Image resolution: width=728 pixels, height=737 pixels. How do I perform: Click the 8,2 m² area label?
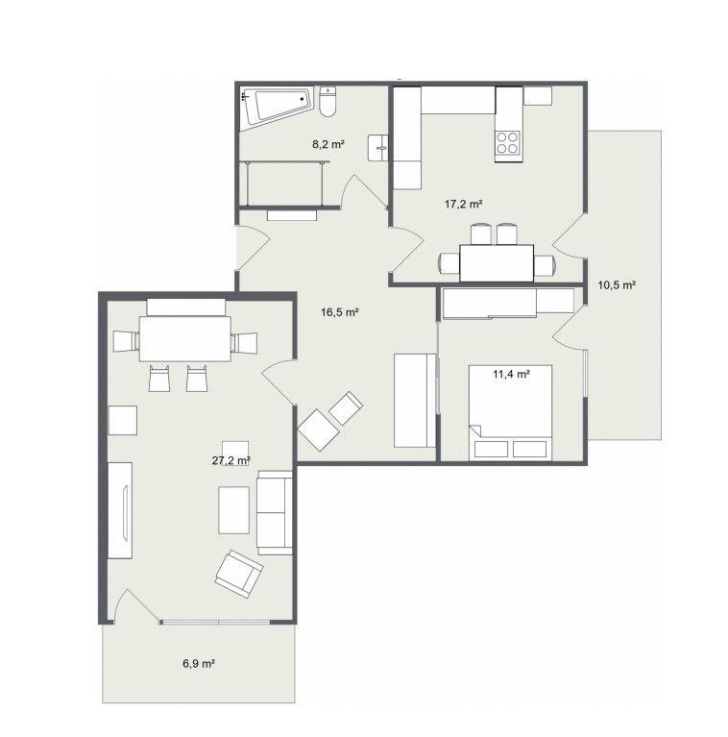[x=328, y=144]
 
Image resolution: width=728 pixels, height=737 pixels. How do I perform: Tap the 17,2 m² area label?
[x=464, y=204]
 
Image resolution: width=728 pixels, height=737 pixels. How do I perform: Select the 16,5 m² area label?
[x=340, y=312]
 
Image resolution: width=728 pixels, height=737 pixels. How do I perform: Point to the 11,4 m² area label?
[x=512, y=374]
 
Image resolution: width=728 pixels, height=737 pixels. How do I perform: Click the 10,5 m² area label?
[x=617, y=284]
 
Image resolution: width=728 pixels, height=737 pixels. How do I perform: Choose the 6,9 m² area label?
[x=199, y=664]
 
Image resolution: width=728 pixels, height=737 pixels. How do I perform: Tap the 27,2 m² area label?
[x=231, y=460]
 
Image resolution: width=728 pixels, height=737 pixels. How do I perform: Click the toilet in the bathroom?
[x=328, y=101]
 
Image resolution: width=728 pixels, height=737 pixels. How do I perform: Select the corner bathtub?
[x=278, y=107]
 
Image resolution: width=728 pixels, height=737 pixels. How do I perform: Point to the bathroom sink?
[x=378, y=148]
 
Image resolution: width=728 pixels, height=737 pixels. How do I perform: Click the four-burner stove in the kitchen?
[x=508, y=143]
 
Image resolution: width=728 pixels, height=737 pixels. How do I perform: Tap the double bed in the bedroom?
[x=511, y=412]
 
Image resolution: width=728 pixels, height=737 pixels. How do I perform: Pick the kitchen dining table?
[x=497, y=263]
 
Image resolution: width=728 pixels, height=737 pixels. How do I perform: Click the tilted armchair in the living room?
[x=238, y=574]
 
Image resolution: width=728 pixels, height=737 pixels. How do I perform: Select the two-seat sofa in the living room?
[x=275, y=512]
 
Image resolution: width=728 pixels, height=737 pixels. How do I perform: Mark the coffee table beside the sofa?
[x=234, y=510]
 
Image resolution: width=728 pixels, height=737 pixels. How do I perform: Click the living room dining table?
[x=185, y=339]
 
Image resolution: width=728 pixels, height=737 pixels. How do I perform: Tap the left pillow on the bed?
[x=492, y=450]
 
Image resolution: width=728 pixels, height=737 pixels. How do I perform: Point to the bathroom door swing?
[x=364, y=191]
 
